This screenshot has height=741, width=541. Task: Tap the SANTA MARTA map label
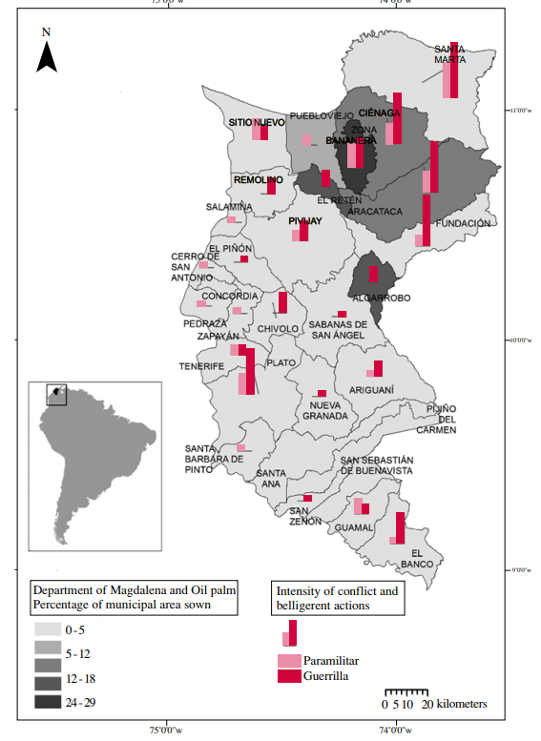(x=449, y=54)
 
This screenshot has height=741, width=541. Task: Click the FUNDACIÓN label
(x=463, y=224)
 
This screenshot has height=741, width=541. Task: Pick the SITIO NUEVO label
(x=257, y=123)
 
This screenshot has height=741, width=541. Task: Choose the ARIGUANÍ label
(x=371, y=390)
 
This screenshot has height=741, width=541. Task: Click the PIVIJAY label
(x=304, y=221)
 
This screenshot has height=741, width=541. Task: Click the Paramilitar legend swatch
(x=289, y=661)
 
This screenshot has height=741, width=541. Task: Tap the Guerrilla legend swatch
(x=289, y=676)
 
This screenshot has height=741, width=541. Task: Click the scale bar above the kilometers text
(x=407, y=691)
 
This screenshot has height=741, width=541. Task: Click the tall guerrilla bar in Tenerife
(x=250, y=371)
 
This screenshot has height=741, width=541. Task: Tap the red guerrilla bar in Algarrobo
(x=373, y=274)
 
